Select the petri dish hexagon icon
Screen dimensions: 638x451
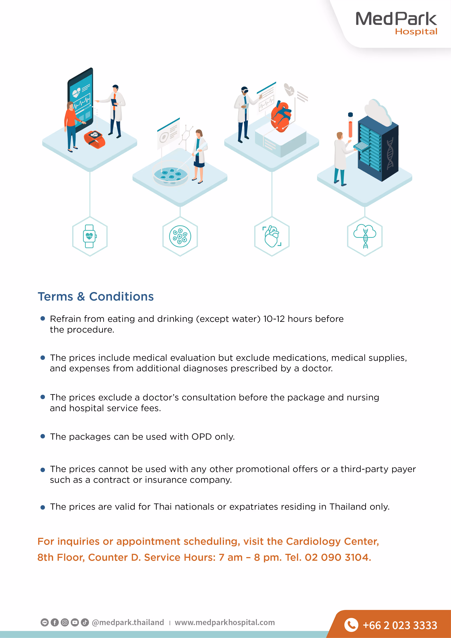(x=180, y=236)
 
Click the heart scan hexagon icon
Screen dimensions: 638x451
(x=272, y=236)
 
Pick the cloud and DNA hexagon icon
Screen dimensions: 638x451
(x=365, y=236)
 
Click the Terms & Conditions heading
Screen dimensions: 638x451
(x=96, y=297)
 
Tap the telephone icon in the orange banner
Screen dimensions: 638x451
(x=351, y=625)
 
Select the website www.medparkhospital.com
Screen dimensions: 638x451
(x=225, y=622)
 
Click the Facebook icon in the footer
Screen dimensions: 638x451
(x=55, y=622)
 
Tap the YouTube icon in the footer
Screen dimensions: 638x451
(x=75, y=622)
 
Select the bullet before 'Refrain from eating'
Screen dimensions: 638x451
(x=43, y=318)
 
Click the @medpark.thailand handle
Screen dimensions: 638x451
(x=128, y=622)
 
